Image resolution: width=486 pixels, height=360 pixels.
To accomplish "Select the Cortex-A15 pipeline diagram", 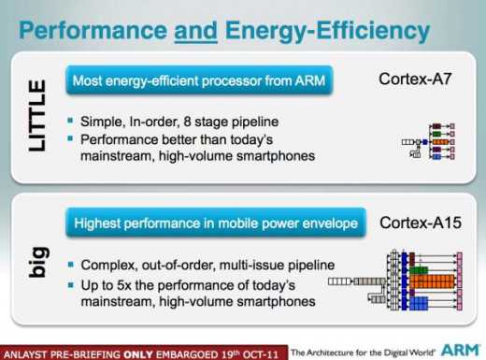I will pos(407,280).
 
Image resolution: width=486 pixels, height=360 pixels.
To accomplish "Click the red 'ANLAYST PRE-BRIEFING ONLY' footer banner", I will pos(141,353).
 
